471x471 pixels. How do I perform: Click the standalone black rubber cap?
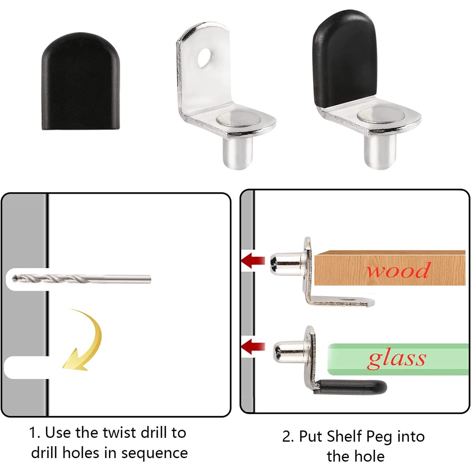pyautogui.click(x=80, y=81)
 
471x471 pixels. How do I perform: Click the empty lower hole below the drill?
pyautogui.click(x=25, y=368)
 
